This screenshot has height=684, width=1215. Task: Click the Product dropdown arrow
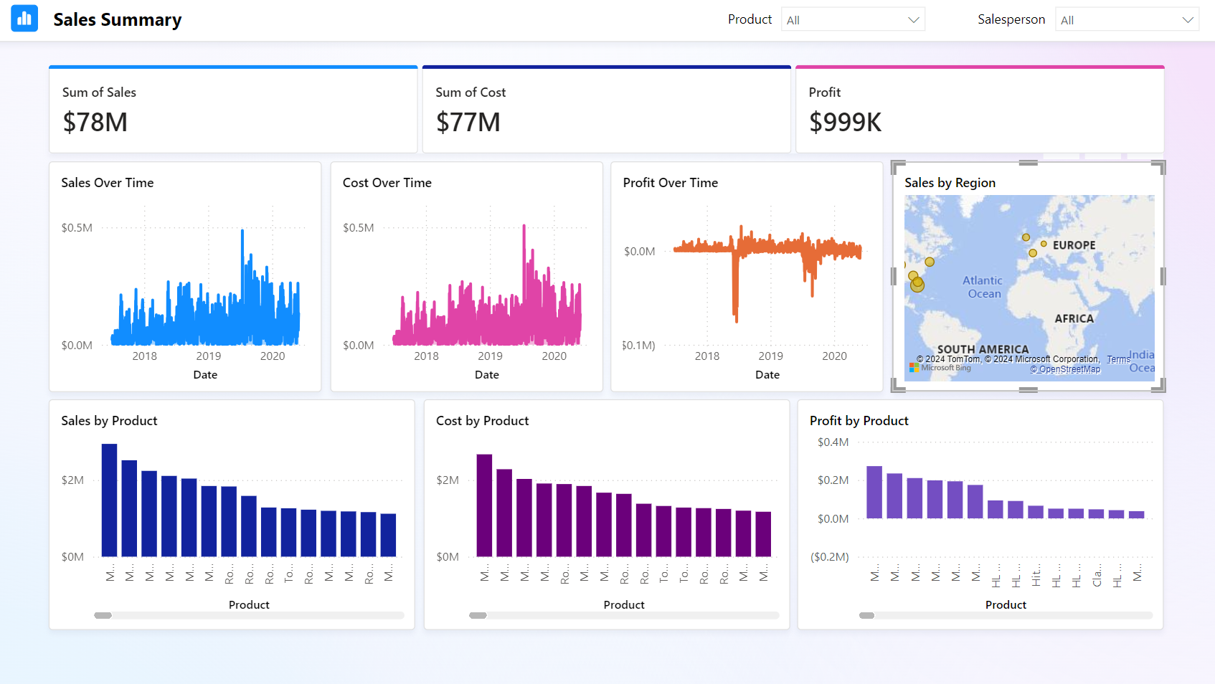pos(913,20)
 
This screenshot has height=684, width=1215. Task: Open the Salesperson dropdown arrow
pos(1188,20)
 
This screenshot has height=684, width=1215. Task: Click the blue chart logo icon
pos(24,19)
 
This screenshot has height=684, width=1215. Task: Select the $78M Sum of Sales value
pos(95,123)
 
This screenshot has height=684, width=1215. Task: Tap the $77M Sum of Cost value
pos(468,123)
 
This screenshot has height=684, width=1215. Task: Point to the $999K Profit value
pos(845,123)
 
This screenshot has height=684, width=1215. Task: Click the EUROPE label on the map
pos(1074,245)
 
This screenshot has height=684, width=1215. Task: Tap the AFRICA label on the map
pos(1074,318)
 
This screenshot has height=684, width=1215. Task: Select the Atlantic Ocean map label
pos(983,287)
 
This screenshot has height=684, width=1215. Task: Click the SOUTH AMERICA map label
pos(983,349)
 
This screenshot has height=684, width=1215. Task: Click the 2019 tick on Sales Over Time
pos(209,356)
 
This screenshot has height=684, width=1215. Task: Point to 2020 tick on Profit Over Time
pos(834,356)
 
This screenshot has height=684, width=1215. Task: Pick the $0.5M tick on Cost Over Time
pos(358,228)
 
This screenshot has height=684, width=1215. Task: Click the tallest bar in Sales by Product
pos(109,500)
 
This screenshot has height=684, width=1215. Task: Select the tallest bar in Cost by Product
pos(484,505)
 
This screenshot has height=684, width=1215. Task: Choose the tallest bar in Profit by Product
pos(874,492)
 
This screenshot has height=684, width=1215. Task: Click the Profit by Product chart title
pos(859,421)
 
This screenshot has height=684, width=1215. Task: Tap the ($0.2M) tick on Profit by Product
pos(829,557)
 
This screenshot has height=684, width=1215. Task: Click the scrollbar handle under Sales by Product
pos(103,615)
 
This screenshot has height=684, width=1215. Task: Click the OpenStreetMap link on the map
pos(1065,369)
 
